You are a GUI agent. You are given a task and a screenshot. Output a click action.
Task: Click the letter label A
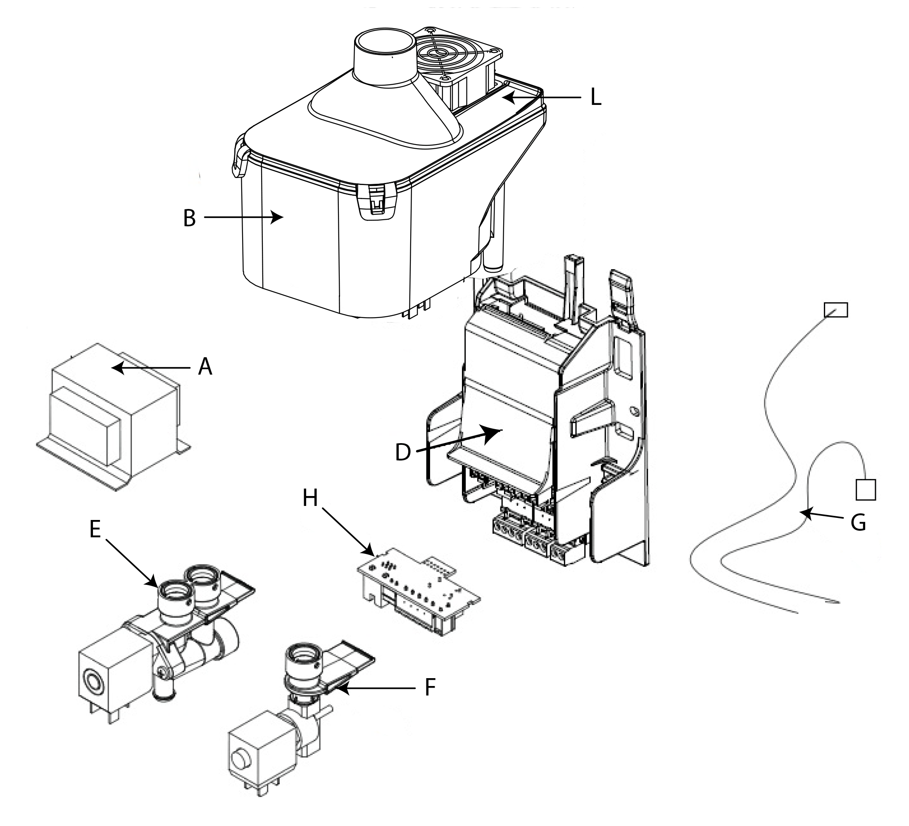(205, 367)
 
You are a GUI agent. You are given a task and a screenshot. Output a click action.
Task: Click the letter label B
(189, 218)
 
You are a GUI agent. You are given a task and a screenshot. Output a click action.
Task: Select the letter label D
(403, 452)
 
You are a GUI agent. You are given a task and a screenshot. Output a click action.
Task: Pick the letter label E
(95, 529)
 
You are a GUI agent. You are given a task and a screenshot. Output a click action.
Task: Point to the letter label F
(430, 688)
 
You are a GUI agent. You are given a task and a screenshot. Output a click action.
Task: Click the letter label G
(858, 523)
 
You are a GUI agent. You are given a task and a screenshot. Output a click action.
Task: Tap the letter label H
(310, 498)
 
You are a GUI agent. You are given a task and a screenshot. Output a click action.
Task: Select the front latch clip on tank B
(377, 202)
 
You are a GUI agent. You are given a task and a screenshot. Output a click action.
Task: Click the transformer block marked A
(113, 417)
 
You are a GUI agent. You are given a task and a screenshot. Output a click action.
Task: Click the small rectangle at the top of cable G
(835, 310)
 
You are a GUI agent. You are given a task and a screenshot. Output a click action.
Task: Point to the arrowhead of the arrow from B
(277, 217)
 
